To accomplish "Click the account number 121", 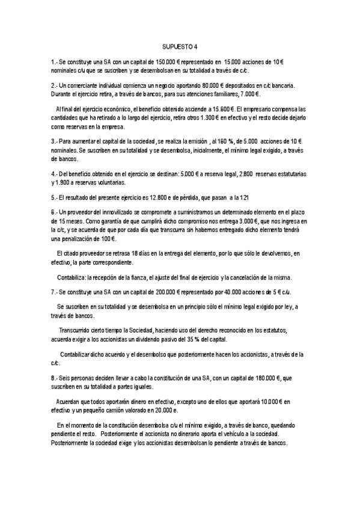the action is click(255, 197).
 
